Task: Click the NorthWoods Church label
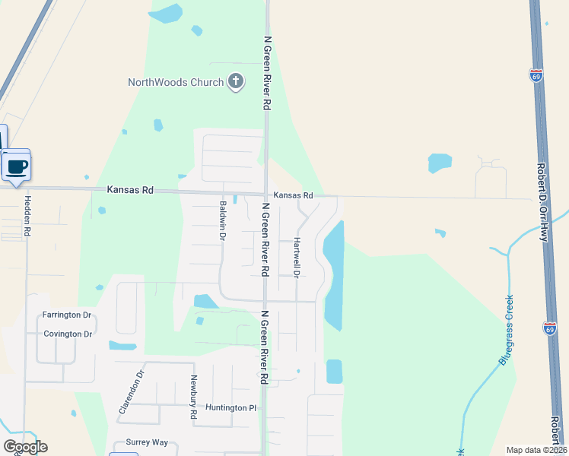[x=176, y=82]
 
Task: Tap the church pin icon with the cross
[x=236, y=81]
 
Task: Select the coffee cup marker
[x=16, y=166]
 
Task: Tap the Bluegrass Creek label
[x=506, y=330]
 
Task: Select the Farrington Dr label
[x=67, y=315]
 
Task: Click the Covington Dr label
[x=68, y=334]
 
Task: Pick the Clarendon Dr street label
[x=130, y=392]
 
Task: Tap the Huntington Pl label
[x=231, y=408]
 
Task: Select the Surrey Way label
[x=148, y=442]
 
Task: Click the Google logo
[x=25, y=447]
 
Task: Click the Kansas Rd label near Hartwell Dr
[x=294, y=195]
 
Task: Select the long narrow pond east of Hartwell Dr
[x=334, y=274]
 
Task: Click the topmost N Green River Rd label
[x=267, y=73]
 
